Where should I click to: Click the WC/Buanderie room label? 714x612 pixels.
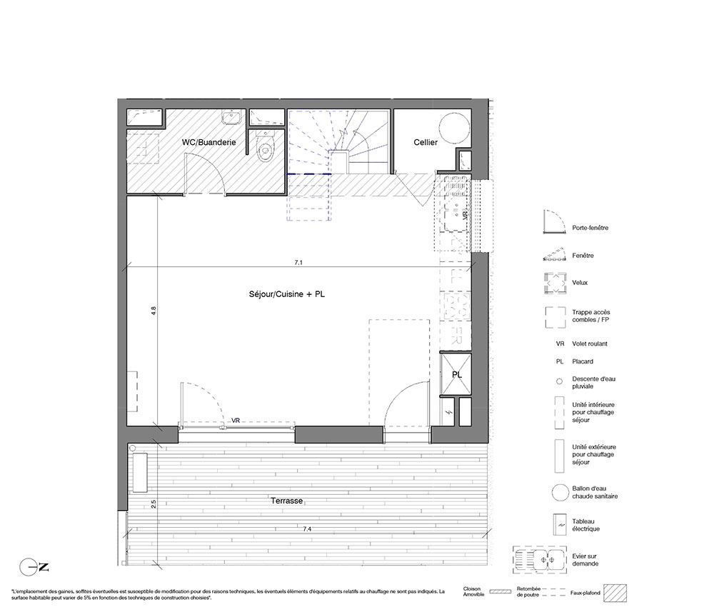[208, 142]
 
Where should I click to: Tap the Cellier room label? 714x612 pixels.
[426, 142]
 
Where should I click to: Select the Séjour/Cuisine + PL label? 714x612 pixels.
[287, 294]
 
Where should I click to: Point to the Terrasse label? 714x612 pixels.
[287, 501]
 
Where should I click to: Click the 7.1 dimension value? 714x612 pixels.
[298, 262]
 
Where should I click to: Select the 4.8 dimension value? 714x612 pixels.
[154, 311]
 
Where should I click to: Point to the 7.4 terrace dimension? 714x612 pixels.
[307, 529]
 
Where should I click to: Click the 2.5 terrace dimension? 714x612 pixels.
[154, 504]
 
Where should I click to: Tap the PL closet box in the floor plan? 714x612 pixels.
[456, 374]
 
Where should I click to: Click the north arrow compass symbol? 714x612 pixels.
[34, 567]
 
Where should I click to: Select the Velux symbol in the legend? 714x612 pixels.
[555, 283]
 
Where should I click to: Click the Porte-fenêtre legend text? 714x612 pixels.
[590, 228]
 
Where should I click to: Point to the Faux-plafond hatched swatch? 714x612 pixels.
[615, 593]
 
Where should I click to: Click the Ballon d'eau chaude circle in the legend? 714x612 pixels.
[560, 492]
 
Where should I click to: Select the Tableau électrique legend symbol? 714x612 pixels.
[559, 525]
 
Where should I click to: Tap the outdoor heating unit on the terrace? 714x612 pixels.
[139, 473]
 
